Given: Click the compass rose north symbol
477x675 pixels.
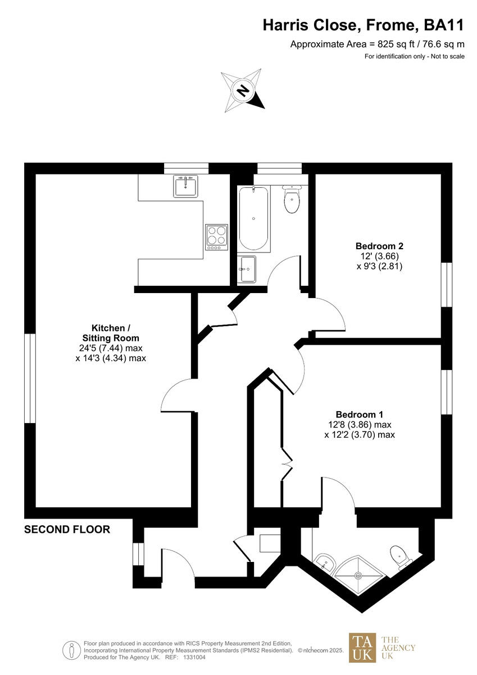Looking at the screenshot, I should (x=243, y=90).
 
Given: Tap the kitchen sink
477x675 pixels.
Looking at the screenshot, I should (x=185, y=186).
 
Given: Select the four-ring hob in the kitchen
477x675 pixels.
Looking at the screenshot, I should (x=217, y=237).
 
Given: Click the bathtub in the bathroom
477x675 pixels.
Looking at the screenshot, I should (x=254, y=219).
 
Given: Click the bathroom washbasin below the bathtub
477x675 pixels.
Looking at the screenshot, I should (x=247, y=269).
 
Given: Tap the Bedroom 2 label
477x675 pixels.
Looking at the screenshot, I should (x=379, y=246).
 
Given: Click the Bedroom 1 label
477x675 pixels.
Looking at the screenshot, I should (x=360, y=414).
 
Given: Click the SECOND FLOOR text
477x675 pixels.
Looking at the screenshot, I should (x=67, y=529).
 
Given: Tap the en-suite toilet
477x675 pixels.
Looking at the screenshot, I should (x=400, y=556).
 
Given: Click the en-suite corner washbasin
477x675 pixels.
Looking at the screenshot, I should (x=324, y=561).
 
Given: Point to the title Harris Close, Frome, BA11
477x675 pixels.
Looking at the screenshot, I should (x=364, y=25).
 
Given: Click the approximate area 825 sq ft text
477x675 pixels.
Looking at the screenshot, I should (x=377, y=44).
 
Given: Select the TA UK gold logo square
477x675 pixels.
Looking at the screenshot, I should (x=362, y=647).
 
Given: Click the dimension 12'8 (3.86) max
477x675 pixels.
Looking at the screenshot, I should (x=360, y=425).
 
